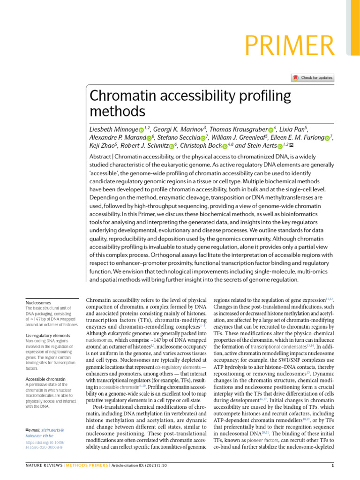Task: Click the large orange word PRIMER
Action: pos(291,46)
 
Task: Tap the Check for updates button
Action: pos(313,78)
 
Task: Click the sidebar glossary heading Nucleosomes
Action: pos(38,303)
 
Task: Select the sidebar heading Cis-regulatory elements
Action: pos(48,336)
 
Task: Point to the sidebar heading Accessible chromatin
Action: pos(45,378)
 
